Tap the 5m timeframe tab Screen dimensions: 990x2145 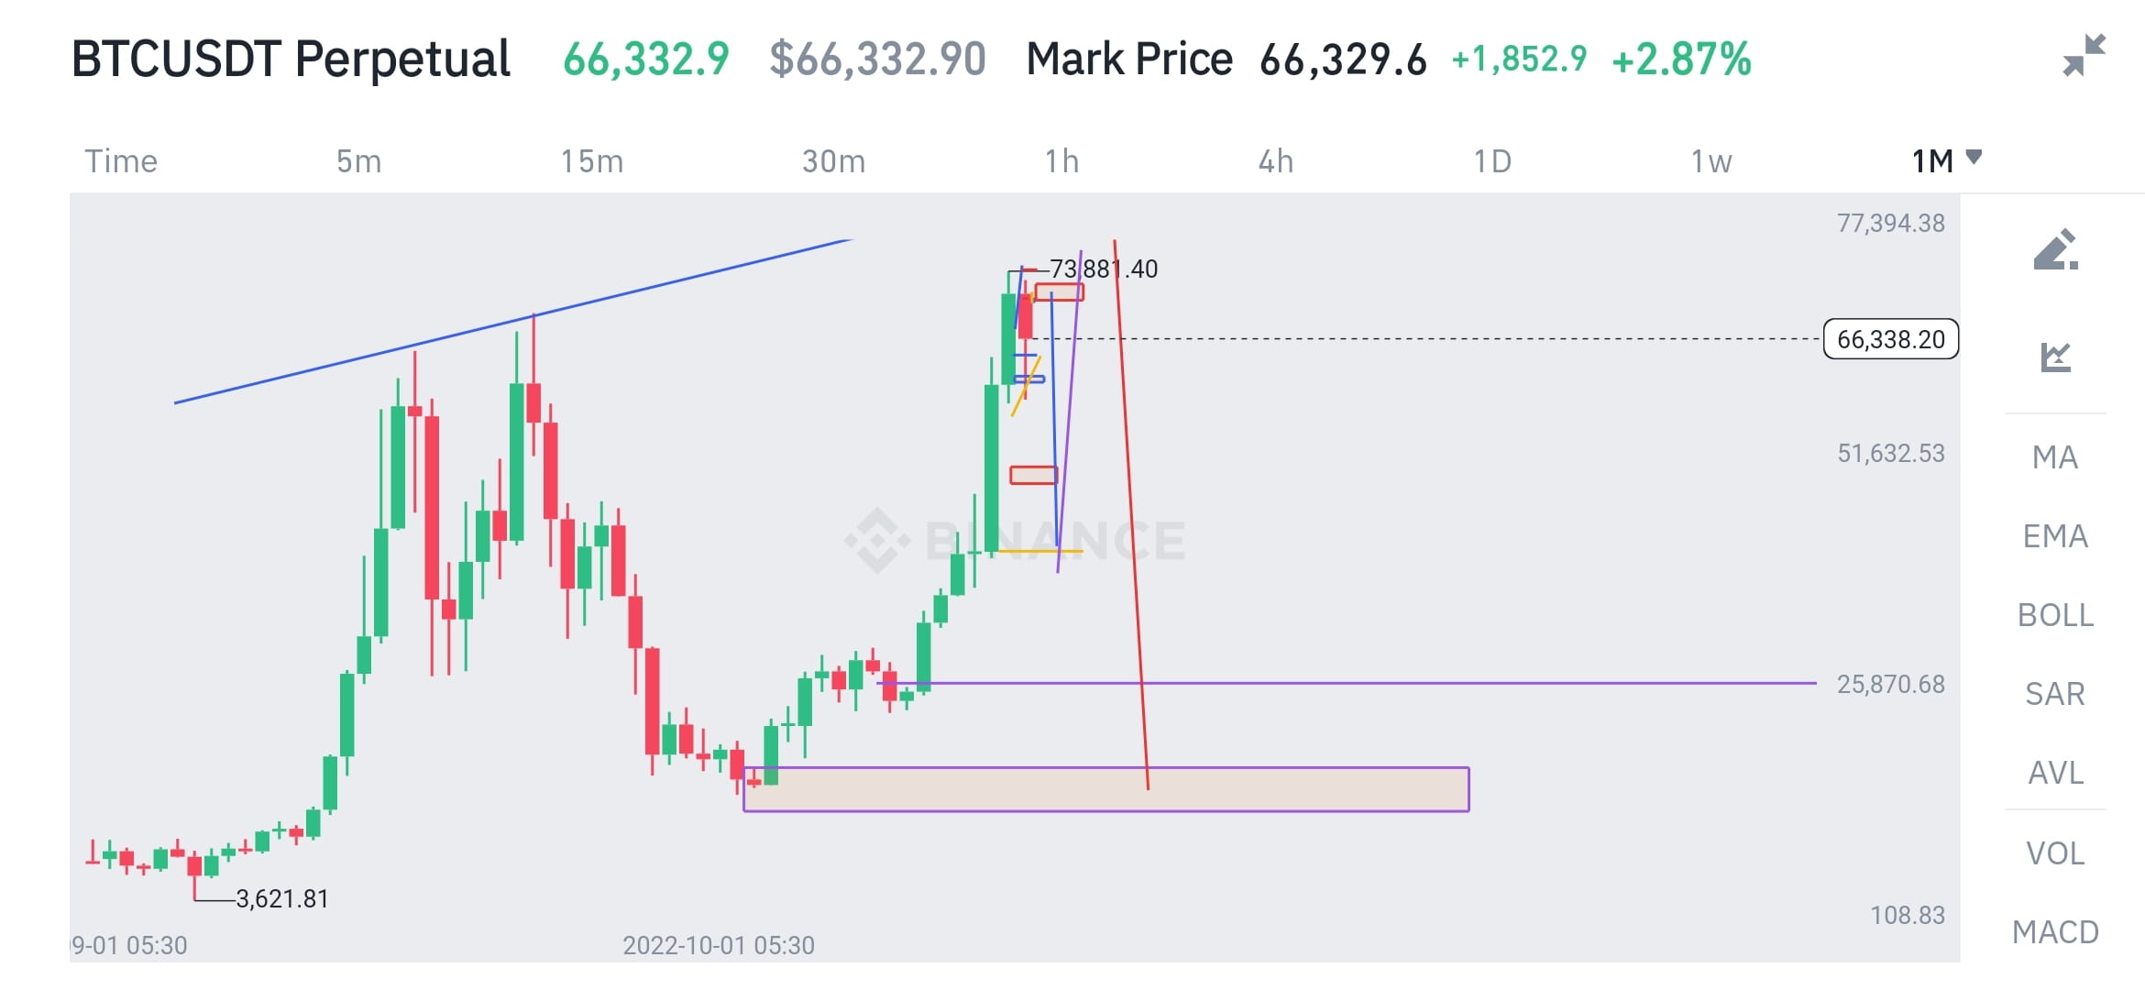pyautogui.click(x=358, y=161)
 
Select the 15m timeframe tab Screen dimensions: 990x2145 pyautogui.click(x=592, y=161)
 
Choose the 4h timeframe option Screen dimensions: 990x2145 pyautogui.click(x=1275, y=161)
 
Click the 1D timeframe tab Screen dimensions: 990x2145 pyautogui.click(x=1492, y=161)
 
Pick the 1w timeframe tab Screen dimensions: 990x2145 pyautogui.click(x=1711, y=161)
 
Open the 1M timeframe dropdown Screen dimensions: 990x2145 pyautogui.click(x=1945, y=160)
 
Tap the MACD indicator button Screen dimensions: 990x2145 pyautogui.click(x=2055, y=932)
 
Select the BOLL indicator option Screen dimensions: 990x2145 pyautogui.click(x=2055, y=615)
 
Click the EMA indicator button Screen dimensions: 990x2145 pyautogui.click(x=2055, y=536)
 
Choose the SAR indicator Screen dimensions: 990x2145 pyautogui.click(x=2055, y=694)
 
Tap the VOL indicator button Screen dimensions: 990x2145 pyautogui.click(x=2055, y=853)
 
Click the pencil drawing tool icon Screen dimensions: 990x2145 pyautogui.click(x=2055, y=250)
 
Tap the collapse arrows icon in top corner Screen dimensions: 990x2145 pyautogui.click(x=2084, y=55)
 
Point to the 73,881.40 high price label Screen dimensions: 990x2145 pyautogui.click(x=1104, y=269)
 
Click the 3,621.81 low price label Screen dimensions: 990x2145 pyautogui.click(x=282, y=898)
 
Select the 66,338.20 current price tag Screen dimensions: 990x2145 pyautogui.click(x=1890, y=339)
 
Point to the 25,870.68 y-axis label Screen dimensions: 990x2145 pyautogui.click(x=1890, y=684)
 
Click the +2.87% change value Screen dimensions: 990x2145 pyautogui.click(x=1681, y=60)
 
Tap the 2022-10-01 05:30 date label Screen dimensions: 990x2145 pyautogui.click(x=719, y=945)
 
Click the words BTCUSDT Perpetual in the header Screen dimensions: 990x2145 pyautogui.click(x=291, y=60)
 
